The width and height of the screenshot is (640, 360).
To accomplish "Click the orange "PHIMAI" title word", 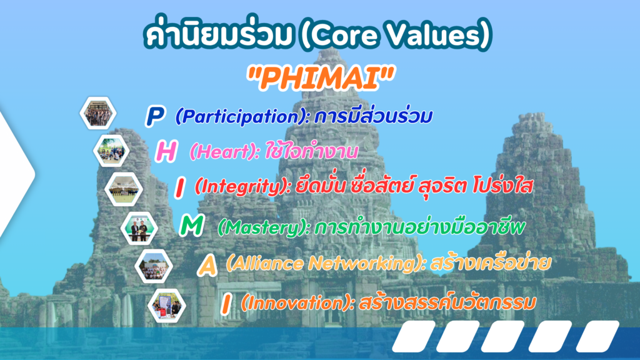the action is [321, 78].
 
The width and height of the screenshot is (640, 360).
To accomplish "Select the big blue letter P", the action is [155, 116].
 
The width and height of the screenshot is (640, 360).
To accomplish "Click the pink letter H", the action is [166, 151].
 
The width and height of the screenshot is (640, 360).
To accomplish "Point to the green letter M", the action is [191, 225].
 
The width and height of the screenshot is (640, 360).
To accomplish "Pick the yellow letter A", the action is [207, 265].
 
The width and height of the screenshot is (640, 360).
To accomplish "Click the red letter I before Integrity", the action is [179, 187].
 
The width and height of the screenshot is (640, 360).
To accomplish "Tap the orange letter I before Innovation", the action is [226, 304].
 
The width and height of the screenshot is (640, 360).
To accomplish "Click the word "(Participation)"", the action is [242, 117].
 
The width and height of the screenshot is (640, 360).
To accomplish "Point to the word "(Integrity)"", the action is [243, 187].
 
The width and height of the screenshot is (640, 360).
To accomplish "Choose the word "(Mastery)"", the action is [264, 227].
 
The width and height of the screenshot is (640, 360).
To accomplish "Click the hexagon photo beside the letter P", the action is [98, 113].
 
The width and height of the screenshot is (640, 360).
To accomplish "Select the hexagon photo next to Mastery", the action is [139, 229].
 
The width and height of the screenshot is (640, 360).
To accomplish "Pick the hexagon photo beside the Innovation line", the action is [167, 306].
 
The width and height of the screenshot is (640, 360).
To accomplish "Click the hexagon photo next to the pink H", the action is [111, 151].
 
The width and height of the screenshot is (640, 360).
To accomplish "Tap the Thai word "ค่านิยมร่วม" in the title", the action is [219, 34].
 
